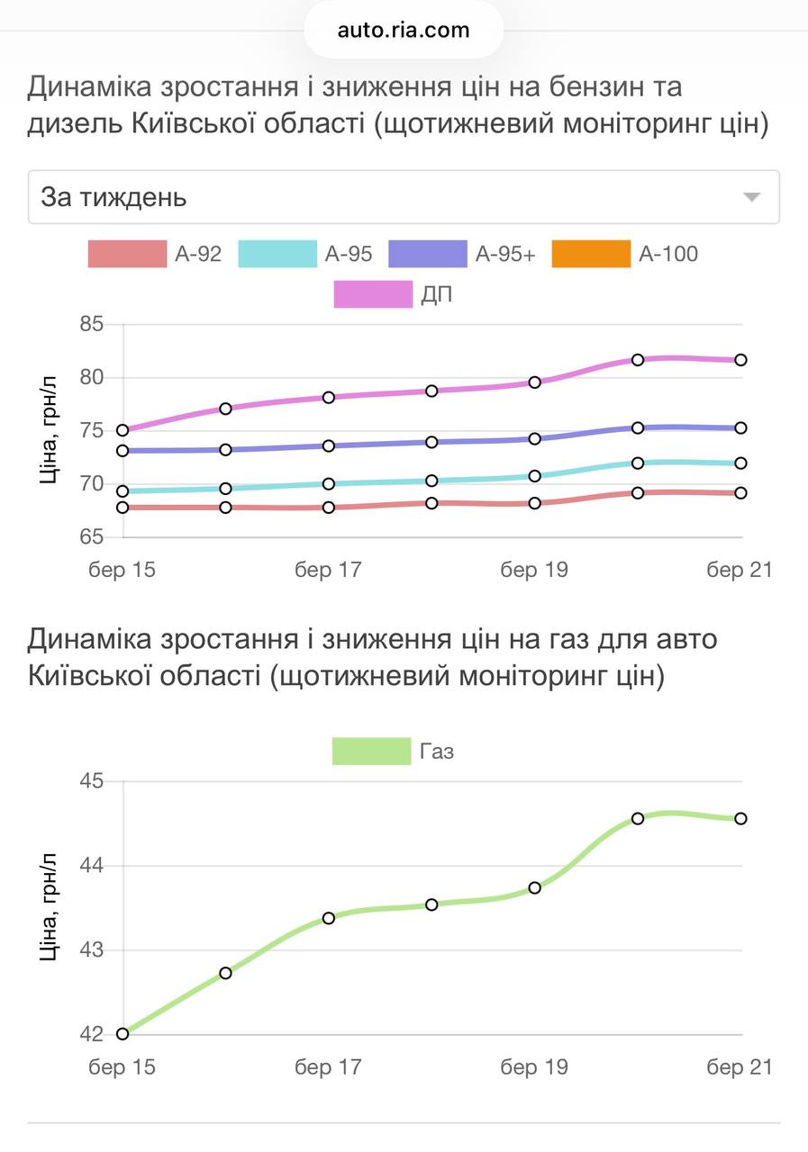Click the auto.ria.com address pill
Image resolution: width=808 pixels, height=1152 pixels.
404,31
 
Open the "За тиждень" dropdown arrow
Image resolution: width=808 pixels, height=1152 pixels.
751,197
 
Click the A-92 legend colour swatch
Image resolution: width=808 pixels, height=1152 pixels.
127,254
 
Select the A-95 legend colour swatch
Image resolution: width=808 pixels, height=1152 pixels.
277,254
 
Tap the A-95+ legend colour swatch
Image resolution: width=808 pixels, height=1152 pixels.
427,254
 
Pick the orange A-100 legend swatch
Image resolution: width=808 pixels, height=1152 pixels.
591,254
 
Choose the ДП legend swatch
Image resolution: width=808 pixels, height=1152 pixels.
373,294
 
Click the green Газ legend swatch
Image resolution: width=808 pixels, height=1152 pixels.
371,751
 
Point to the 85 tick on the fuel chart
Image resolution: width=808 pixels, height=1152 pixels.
92,324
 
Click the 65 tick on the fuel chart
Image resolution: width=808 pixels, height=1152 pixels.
92,537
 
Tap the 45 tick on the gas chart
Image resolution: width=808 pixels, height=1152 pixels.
92,781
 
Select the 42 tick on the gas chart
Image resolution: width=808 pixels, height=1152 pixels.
92,1034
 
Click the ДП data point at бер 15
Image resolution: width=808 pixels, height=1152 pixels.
123,430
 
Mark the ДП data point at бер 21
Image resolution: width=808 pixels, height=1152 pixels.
740,360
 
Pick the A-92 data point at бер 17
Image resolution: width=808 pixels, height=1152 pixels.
329,508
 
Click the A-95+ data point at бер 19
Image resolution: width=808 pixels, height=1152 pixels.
535,438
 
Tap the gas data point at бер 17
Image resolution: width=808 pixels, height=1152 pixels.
329,918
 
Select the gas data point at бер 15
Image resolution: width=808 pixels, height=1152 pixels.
123,1033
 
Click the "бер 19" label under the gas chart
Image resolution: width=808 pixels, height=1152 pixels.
534,1067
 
